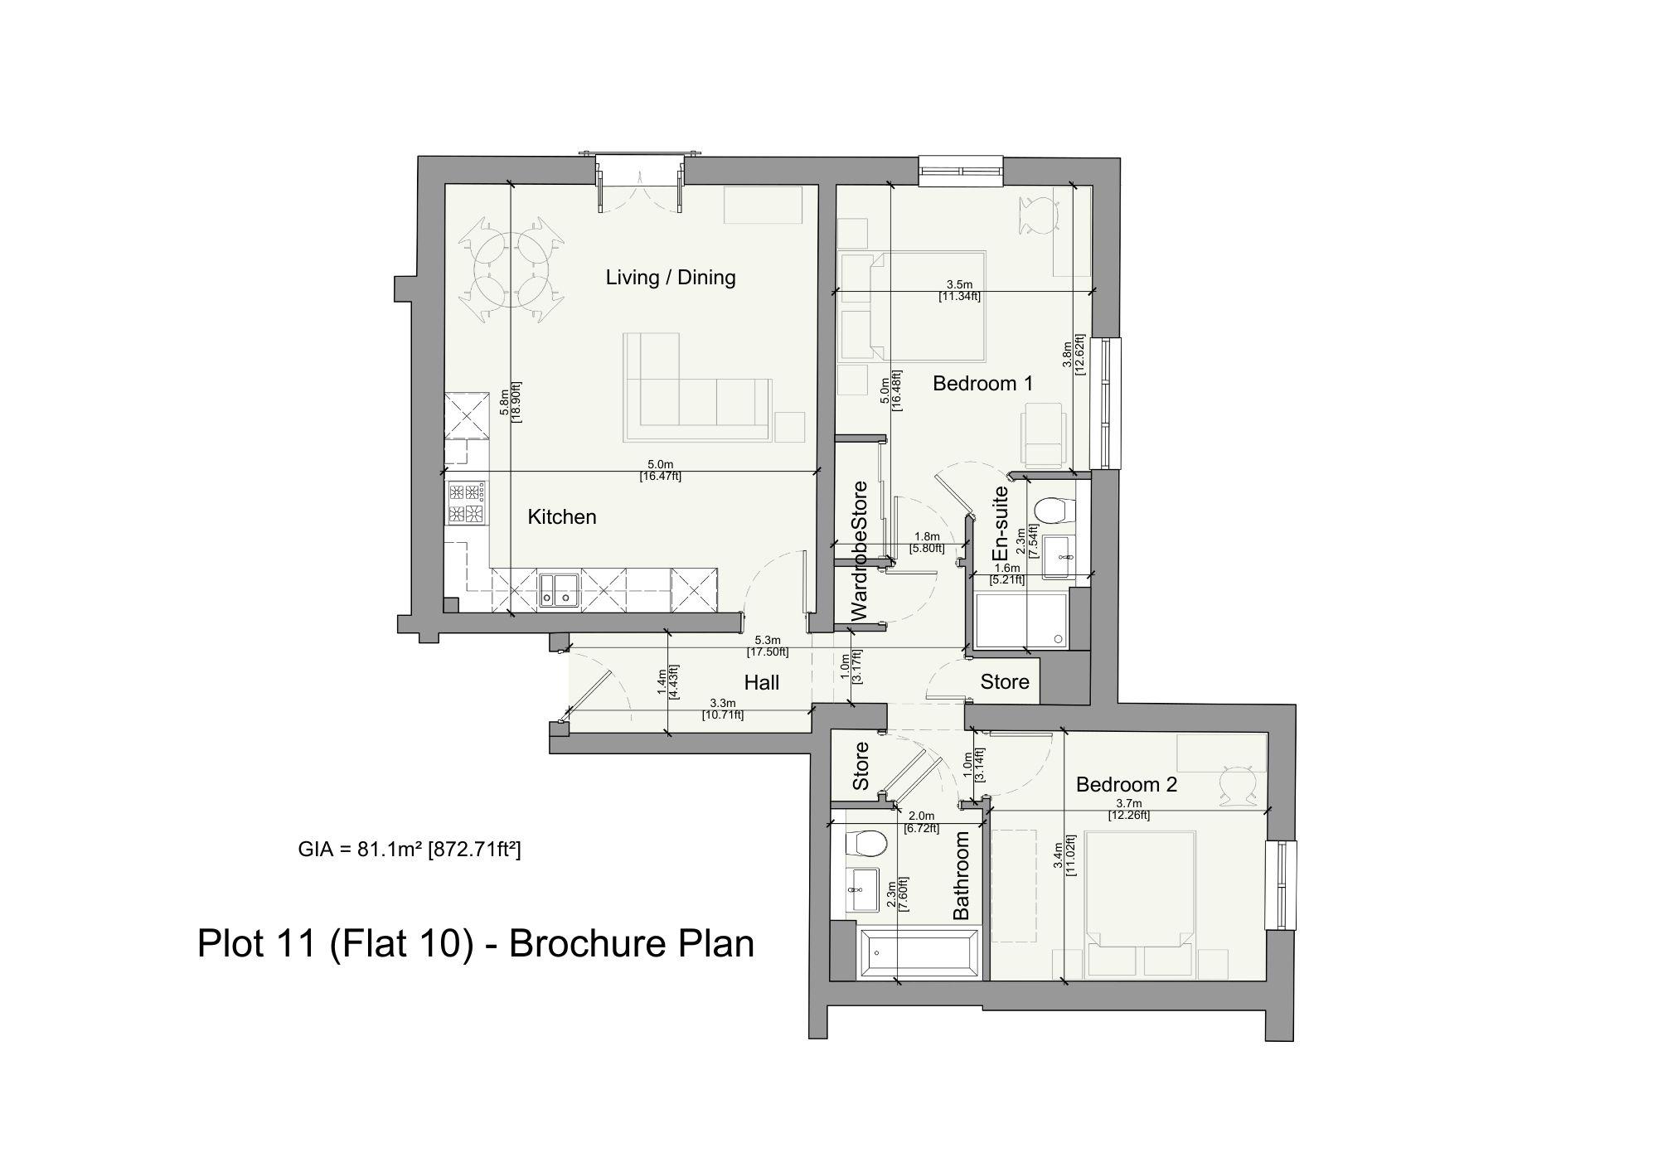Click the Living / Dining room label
(x=671, y=277)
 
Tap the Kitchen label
(x=562, y=517)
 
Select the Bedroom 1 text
(x=982, y=384)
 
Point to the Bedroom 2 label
(x=1126, y=784)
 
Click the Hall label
(x=761, y=683)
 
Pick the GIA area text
(x=409, y=850)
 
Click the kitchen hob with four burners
(x=466, y=503)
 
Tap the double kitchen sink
(x=558, y=589)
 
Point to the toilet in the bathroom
(x=864, y=844)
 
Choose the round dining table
(x=508, y=271)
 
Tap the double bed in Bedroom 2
(x=1139, y=899)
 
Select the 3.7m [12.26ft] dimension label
(x=1128, y=810)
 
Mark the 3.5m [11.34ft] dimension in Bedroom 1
(x=959, y=290)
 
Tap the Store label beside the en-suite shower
(x=1005, y=682)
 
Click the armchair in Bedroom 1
(x=1043, y=433)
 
